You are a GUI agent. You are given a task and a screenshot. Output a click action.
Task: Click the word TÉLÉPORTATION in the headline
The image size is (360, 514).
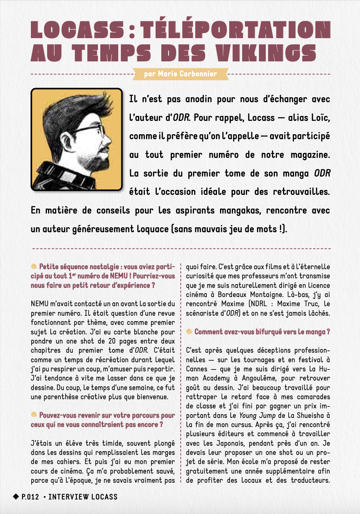pyautogui.click(x=235, y=30)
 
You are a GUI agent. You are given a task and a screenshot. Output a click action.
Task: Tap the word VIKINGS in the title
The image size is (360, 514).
pyautogui.click(x=266, y=53)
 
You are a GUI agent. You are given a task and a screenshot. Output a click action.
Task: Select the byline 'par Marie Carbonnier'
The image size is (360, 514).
pyautogui.click(x=180, y=74)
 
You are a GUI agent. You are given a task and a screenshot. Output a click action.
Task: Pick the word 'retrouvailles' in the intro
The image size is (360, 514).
pyautogui.click(x=301, y=192)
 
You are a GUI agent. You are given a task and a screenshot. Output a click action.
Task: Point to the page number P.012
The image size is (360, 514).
pyautogui.click(x=30, y=497)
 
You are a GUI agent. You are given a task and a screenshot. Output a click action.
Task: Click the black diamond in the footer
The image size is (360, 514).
pyautogui.click(x=16, y=496)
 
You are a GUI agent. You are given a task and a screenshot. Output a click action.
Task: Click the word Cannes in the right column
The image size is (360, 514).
pyautogui.click(x=196, y=369)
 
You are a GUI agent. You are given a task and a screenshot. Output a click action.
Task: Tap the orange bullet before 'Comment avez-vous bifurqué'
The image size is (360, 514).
pyautogui.click(x=189, y=331)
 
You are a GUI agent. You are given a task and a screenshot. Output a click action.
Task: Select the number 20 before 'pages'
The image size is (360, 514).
pyautogui.click(x=112, y=341)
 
